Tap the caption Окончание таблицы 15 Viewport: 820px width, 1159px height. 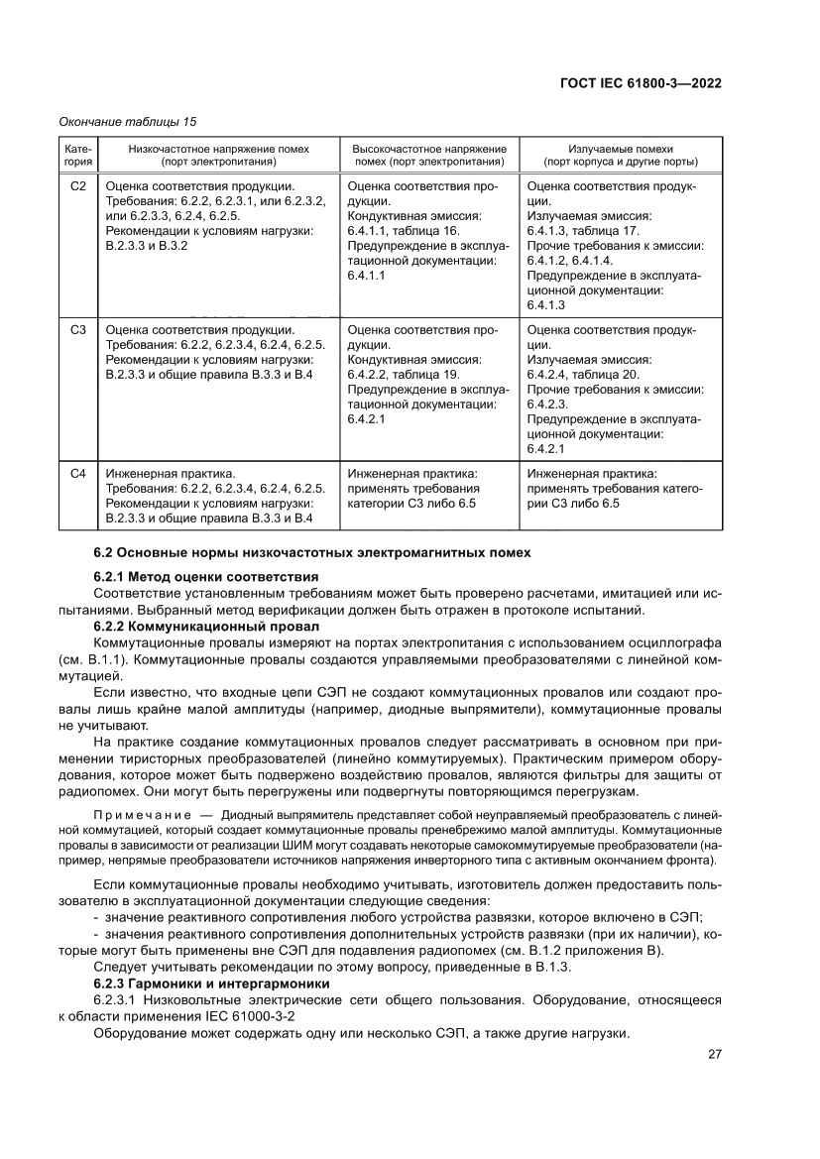point(128,122)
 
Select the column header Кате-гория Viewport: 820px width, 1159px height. point(78,155)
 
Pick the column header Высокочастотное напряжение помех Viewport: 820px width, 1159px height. point(429,155)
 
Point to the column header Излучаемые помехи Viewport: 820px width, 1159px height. point(621,155)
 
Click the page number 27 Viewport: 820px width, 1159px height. point(714,1054)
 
